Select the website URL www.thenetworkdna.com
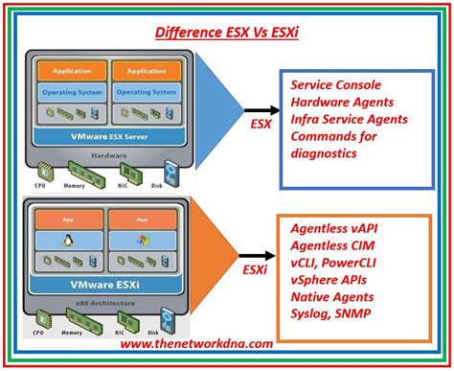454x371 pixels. pos(196,342)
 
